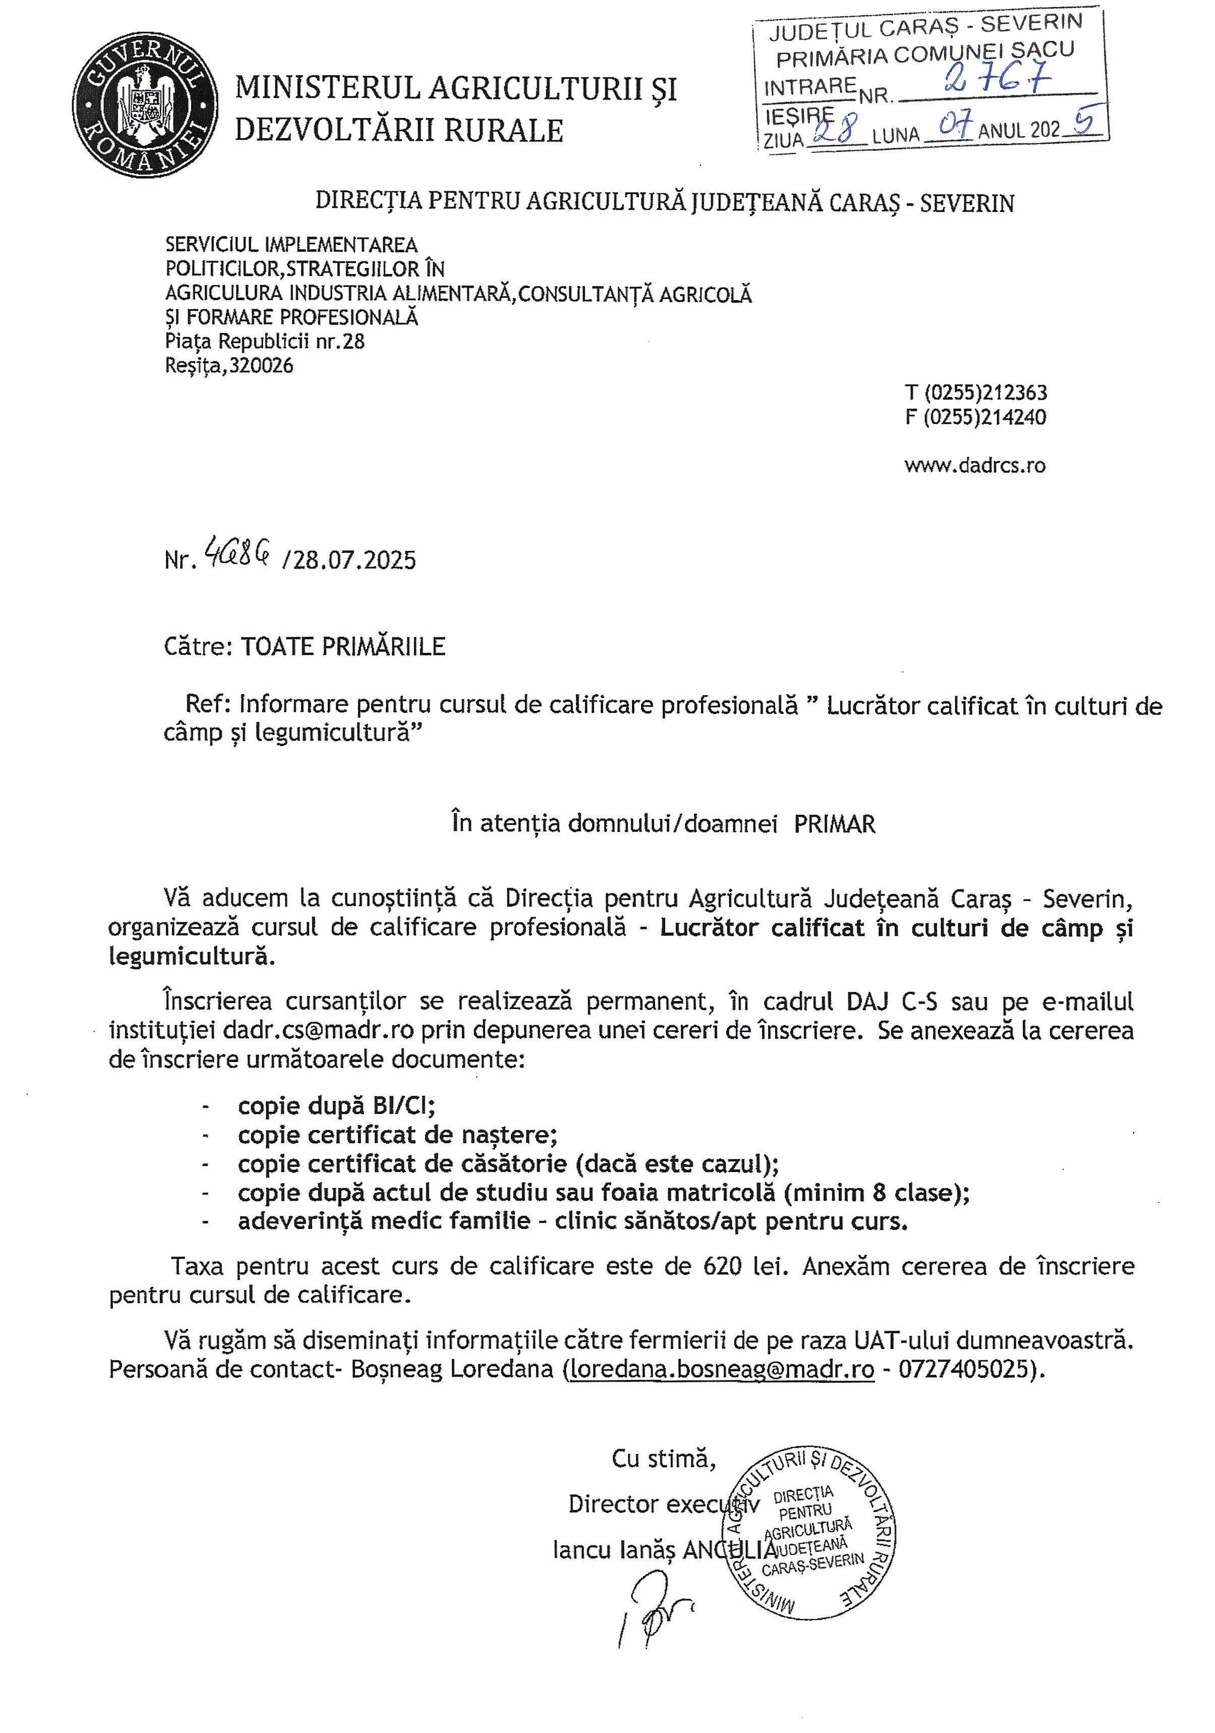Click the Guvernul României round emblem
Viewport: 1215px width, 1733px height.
(146, 108)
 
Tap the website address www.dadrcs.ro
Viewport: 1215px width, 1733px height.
(974, 465)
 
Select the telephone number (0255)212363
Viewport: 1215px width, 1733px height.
(986, 393)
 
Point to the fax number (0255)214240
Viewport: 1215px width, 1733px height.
(985, 417)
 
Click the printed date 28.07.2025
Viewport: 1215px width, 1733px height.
(354, 560)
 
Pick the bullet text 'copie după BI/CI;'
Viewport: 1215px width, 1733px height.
(336, 1106)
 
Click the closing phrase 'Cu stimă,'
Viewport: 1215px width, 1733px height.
(663, 1458)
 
